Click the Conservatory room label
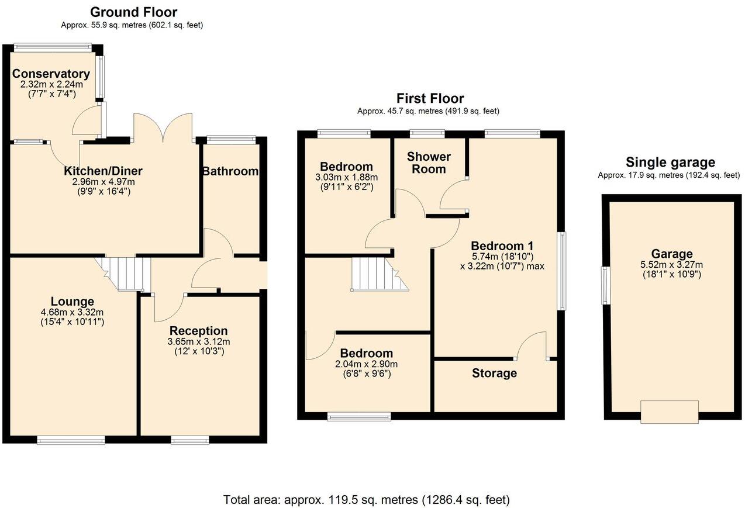pyautogui.click(x=51, y=74)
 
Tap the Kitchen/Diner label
pyautogui.click(x=103, y=171)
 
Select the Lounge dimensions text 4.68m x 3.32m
pyautogui.click(x=72, y=312)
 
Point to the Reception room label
pyautogui.click(x=199, y=331)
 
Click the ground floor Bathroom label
pyautogui.click(x=230, y=171)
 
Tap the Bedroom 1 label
pyautogui.click(x=502, y=246)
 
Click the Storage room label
pyautogui.click(x=494, y=373)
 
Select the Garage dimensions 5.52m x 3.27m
pyautogui.click(x=672, y=264)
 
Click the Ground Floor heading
pyautogui.click(x=134, y=12)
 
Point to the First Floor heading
pyautogui.click(x=430, y=98)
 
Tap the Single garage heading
pyautogui.click(x=670, y=163)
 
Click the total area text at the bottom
pyautogui.click(x=367, y=500)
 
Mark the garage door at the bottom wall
pyautogui.click(x=669, y=412)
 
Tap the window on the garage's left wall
pyautogui.click(x=606, y=285)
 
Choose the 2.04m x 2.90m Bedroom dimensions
pyautogui.click(x=366, y=364)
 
